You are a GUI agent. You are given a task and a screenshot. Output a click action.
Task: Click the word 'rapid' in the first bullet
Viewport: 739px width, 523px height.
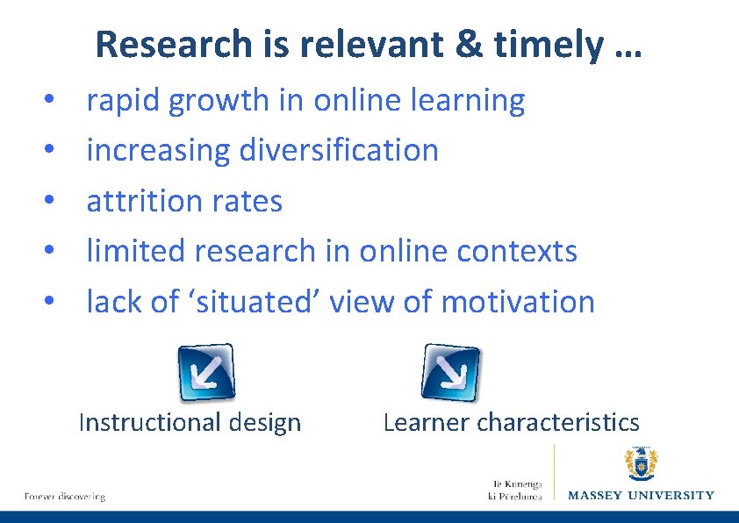click(123, 101)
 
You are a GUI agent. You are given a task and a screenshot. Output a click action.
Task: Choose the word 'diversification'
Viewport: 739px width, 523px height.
click(339, 150)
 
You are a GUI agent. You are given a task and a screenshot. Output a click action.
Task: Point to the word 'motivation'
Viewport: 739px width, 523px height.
click(518, 301)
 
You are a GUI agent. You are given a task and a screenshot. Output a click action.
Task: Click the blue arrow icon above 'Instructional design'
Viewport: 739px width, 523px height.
click(207, 372)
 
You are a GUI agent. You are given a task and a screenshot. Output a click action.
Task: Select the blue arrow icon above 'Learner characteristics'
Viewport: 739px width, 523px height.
click(451, 372)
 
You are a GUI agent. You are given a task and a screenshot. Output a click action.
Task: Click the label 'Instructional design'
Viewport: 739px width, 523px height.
click(190, 423)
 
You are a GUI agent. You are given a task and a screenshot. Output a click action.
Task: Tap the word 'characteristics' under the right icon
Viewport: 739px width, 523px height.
click(558, 423)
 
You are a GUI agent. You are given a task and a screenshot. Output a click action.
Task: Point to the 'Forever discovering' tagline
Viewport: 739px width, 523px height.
click(65, 497)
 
